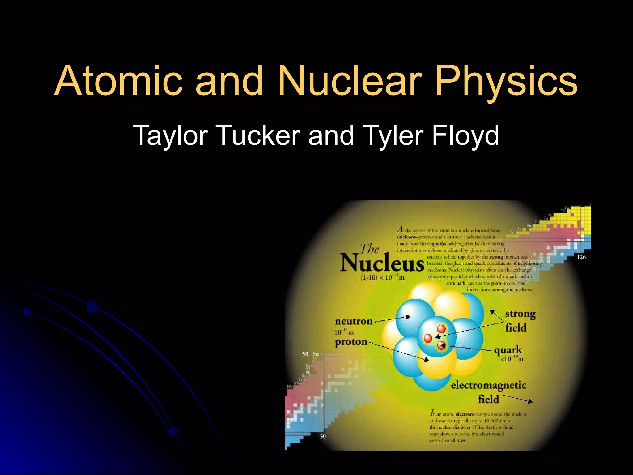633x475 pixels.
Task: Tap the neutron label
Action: [x=354, y=321]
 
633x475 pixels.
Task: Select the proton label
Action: [x=351, y=342]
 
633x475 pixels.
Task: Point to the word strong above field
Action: [x=520, y=314]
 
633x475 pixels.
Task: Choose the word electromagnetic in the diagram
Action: [x=488, y=385]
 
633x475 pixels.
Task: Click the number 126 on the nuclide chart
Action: [x=581, y=257]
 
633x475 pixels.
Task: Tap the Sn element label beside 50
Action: [x=316, y=354]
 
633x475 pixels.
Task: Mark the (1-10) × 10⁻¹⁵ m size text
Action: [x=382, y=277]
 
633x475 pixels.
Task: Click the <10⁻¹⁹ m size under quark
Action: [x=512, y=359]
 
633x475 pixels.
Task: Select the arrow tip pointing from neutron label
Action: [x=409, y=316]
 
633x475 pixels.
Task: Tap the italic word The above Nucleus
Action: [x=370, y=249]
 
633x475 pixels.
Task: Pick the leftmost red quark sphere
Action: [x=428, y=338]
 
